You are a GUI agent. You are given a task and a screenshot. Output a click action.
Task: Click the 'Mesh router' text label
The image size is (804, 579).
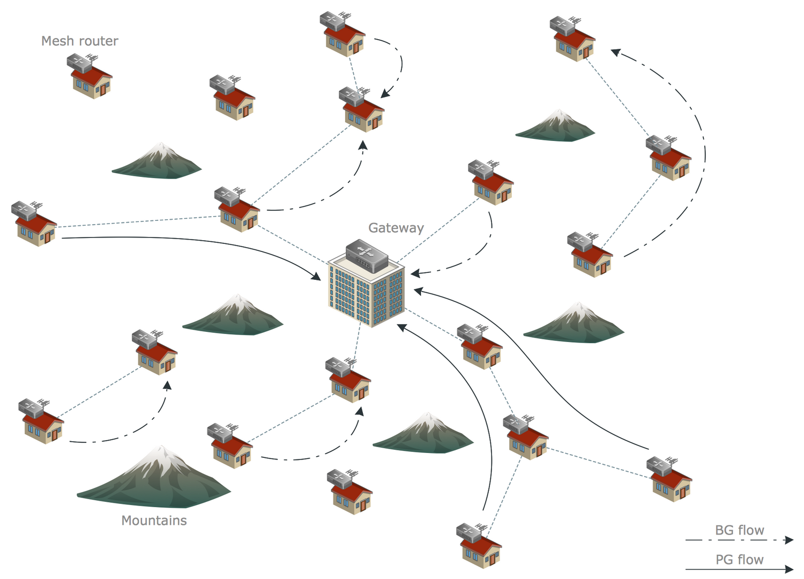[x=79, y=41]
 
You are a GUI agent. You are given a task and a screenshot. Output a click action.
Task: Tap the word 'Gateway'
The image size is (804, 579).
[x=396, y=228]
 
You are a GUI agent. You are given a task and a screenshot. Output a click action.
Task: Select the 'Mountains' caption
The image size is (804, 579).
[x=154, y=521]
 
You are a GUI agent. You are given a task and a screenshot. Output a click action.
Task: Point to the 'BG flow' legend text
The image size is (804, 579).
[x=739, y=530]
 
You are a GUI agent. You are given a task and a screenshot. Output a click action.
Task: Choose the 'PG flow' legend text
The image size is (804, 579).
[x=739, y=560]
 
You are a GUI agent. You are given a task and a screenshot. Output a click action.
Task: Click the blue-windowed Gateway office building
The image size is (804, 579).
[x=366, y=292]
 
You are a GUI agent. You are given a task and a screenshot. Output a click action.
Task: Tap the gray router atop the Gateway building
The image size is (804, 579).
[x=367, y=256]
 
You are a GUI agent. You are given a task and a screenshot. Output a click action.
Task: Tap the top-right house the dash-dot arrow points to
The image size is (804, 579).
[x=573, y=40]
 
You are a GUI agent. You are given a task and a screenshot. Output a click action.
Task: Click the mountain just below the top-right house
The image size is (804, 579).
[x=556, y=127]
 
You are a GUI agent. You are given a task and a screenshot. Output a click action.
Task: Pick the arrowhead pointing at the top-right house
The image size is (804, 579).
[x=615, y=52]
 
